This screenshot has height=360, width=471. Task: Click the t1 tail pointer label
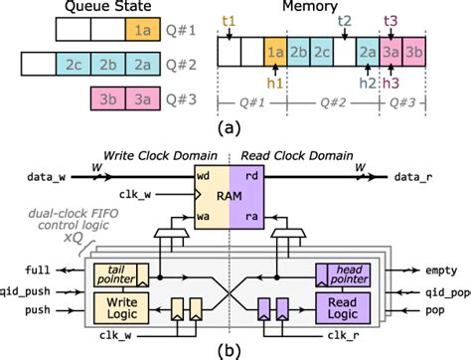click(x=230, y=20)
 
